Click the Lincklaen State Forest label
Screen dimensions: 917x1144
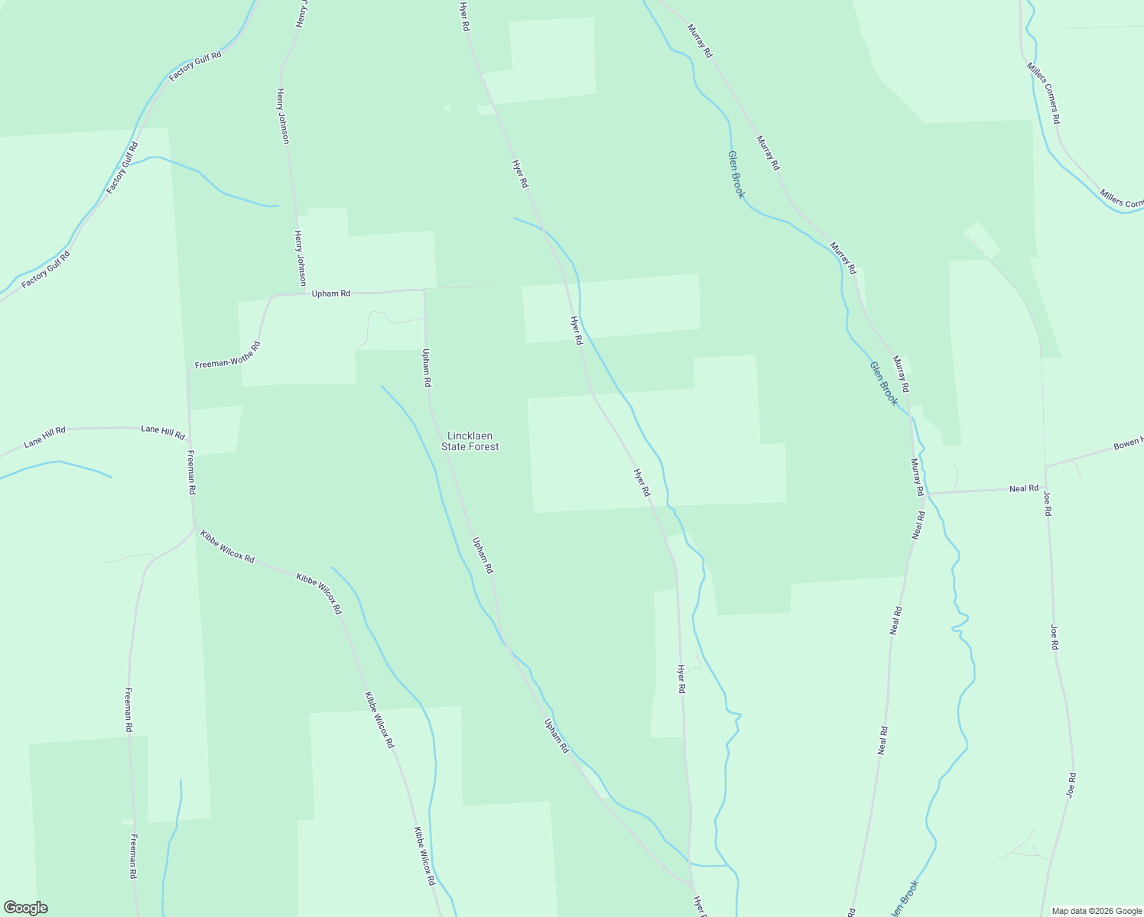[470, 441]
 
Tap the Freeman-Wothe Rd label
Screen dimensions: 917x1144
[227, 355]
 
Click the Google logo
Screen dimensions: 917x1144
[25, 908]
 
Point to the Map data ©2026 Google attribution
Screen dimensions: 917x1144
[1096, 911]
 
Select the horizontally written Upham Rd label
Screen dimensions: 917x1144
[330, 293]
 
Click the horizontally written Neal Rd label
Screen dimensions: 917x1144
[1023, 488]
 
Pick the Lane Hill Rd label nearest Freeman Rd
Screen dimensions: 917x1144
[163, 433]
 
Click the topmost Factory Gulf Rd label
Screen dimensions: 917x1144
[195, 66]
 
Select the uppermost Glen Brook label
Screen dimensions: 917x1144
[736, 174]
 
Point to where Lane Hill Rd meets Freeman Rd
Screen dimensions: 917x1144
[188, 429]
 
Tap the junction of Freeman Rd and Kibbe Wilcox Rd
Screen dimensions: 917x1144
[194, 527]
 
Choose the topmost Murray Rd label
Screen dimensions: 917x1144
[699, 41]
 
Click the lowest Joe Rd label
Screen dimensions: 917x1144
[1071, 786]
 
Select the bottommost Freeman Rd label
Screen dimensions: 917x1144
[133, 856]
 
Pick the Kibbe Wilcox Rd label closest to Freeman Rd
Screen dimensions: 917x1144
[226, 546]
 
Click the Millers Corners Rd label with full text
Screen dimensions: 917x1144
[1044, 93]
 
